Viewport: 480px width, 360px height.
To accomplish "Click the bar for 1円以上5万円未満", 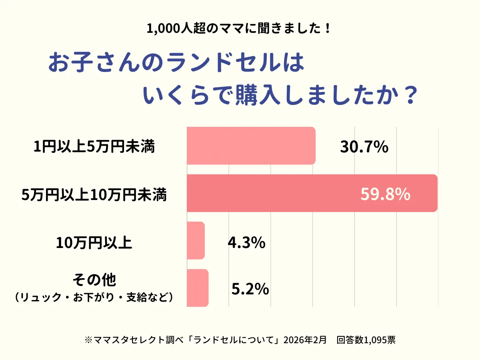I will (x=251, y=146).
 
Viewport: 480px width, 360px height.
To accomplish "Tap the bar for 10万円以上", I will (x=196, y=240).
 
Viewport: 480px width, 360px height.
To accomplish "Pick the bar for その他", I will (x=198, y=288).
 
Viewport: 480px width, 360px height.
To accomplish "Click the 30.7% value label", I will (x=364, y=147).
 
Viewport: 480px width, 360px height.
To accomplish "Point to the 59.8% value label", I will (x=385, y=194).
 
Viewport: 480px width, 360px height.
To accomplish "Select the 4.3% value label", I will (x=246, y=242).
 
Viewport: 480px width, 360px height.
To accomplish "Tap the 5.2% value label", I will (x=250, y=289).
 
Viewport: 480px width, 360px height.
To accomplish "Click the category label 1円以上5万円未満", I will (x=94, y=147).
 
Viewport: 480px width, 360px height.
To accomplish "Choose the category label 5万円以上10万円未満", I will (x=94, y=195).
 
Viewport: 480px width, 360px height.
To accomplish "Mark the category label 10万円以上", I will (x=94, y=242).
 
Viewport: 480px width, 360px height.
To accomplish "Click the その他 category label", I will (x=94, y=280).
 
